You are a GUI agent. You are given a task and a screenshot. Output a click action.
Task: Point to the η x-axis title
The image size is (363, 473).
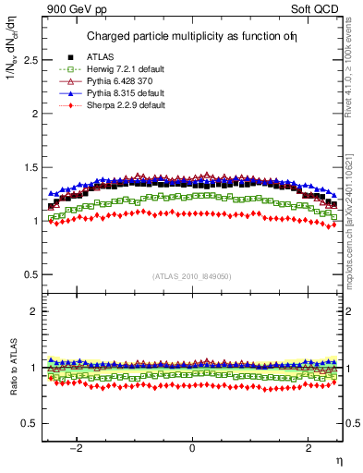[x=339, y=459]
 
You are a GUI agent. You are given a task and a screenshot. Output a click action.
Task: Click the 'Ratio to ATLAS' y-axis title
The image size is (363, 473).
[x=11, y=367]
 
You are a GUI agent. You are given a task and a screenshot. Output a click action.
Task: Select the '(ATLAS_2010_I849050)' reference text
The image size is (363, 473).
[x=192, y=276]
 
